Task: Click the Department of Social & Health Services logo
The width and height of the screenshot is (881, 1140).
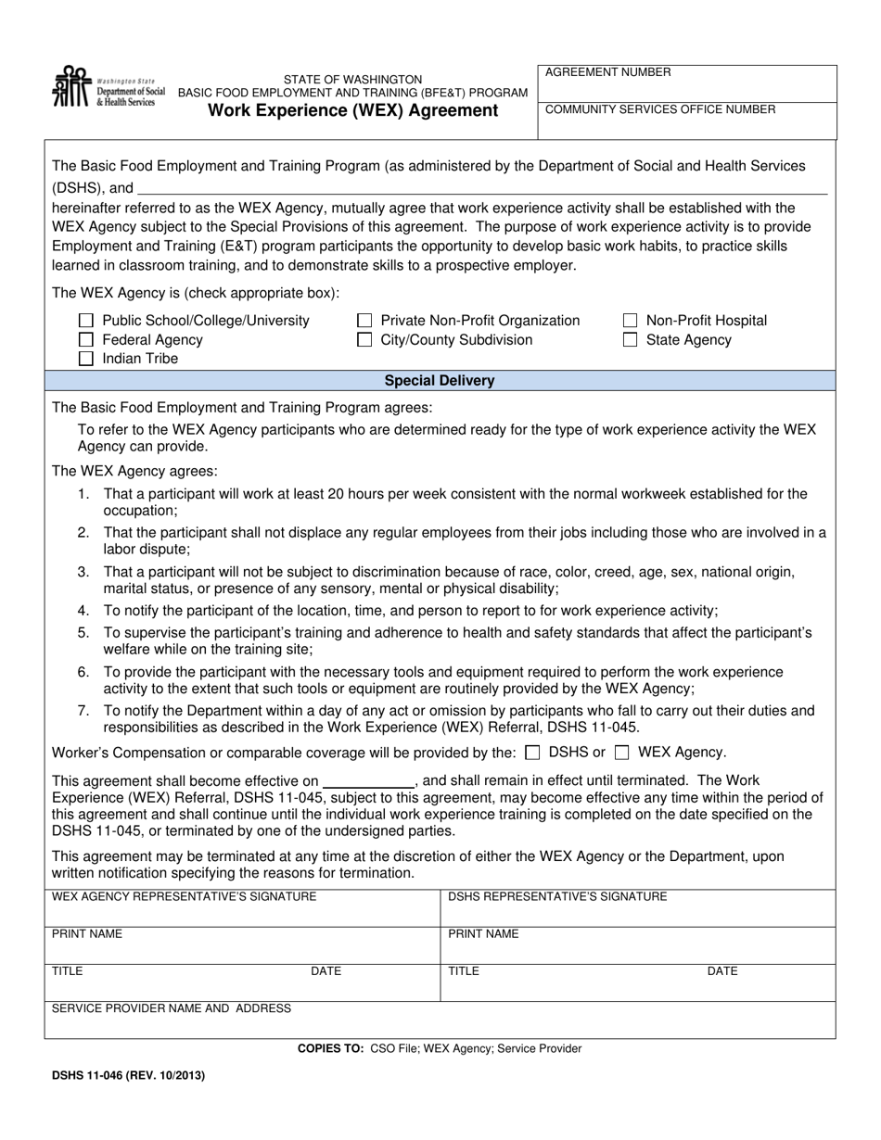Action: pos(109,88)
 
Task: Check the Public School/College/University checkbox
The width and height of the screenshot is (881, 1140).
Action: pos(86,321)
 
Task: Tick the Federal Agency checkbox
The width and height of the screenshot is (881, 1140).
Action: pos(86,340)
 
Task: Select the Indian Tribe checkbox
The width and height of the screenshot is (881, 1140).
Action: pos(86,359)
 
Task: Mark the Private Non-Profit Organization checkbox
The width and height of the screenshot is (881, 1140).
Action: pos(365,321)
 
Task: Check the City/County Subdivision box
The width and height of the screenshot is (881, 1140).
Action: pos(365,340)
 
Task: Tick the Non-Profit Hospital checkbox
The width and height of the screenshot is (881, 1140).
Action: pos(630,321)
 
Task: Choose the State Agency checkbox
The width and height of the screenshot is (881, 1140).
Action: pos(630,340)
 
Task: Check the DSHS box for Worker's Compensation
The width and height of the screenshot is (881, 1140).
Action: pos(532,753)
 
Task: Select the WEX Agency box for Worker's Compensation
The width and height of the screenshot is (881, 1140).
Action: pos(623,753)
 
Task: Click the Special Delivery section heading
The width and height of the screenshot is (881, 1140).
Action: pos(440,381)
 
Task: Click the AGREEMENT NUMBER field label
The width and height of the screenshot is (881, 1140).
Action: pos(607,72)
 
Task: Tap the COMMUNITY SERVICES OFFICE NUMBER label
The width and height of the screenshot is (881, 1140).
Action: pos(660,109)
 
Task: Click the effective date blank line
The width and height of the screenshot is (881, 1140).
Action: pos(367,782)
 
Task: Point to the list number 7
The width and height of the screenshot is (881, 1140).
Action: pos(83,711)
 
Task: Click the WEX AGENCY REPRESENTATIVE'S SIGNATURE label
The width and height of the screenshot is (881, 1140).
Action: pos(184,896)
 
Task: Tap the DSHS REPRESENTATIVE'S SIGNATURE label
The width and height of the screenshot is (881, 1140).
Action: pos(557,896)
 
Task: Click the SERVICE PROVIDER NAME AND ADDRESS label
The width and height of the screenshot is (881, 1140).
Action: pos(171,1008)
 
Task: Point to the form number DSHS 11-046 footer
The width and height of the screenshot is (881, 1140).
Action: pos(121,1076)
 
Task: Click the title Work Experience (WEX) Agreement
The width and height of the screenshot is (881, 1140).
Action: pos(352,111)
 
